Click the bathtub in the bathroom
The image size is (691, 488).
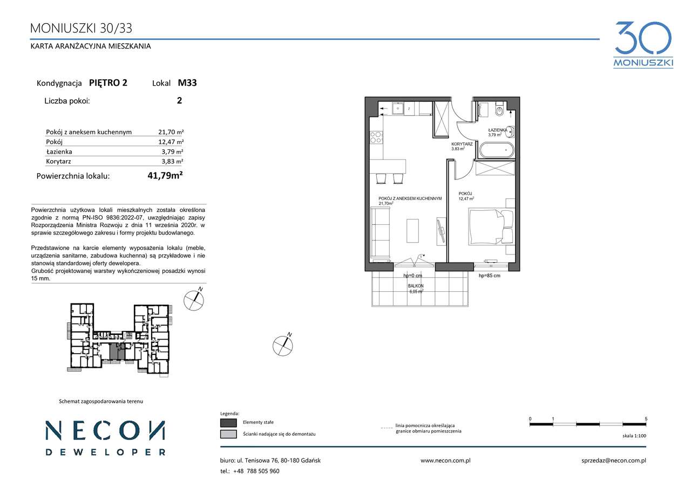(x=497, y=150)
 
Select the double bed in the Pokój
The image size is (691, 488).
(x=492, y=226)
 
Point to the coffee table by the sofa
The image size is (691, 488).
(x=412, y=231)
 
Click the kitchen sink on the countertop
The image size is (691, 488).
(x=398, y=108)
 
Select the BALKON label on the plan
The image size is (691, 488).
(x=416, y=286)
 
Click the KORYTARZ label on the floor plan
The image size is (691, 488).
(x=462, y=144)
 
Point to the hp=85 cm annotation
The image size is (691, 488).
(x=489, y=276)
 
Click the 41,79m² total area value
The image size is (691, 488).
(x=165, y=176)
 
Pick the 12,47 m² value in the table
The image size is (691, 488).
(x=171, y=142)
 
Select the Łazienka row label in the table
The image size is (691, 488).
(x=59, y=152)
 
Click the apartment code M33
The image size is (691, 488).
(x=187, y=83)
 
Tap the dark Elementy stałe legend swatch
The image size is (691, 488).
(x=228, y=422)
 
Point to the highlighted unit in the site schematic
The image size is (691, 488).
(x=117, y=351)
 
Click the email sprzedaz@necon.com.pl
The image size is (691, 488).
(x=614, y=460)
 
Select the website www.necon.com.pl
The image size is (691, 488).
(x=445, y=460)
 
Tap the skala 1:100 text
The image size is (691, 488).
(x=634, y=436)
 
